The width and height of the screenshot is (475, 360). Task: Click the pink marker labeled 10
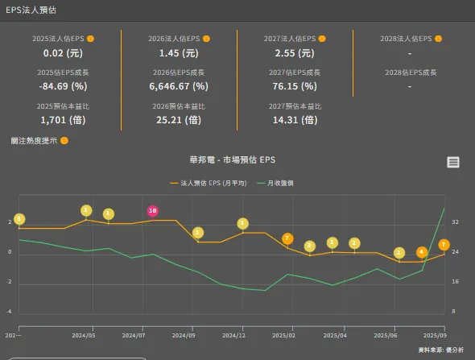(x=152, y=211)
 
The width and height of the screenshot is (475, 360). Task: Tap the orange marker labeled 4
(x=422, y=252)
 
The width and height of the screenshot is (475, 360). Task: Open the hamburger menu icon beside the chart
(x=453, y=162)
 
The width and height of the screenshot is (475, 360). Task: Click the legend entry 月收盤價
(x=279, y=184)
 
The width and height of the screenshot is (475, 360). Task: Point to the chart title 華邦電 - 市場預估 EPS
(x=232, y=160)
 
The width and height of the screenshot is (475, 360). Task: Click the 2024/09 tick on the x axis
(x=184, y=333)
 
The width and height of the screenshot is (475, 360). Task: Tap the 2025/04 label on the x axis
(x=333, y=333)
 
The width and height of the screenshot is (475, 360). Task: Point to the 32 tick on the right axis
(x=455, y=221)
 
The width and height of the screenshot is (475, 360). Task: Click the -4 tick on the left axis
(x=9, y=311)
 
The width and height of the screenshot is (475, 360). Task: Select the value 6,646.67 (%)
(x=178, y=86)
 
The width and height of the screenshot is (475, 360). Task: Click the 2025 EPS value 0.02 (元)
(x=63, y=53)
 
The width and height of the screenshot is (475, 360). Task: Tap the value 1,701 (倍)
(x=63, y=120)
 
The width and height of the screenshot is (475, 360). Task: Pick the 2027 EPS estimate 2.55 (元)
(x=294, y=53)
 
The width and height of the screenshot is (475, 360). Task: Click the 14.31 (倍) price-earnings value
(x=294, y=120)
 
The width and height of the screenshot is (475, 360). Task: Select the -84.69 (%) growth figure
(x=63, y=86)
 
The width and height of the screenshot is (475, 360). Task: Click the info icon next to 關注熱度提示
(x=64, y=140)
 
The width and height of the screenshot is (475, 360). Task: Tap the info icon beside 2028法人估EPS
(x=438, y=39)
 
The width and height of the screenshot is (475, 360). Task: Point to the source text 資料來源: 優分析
(x=441, y=350)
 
